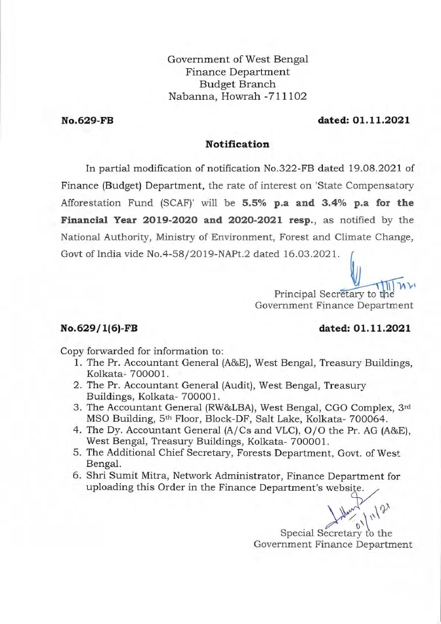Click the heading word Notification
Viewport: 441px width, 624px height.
pyautogui.click(x=238, y=144)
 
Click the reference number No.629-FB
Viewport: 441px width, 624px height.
pyautogui.click(x=87, y=120)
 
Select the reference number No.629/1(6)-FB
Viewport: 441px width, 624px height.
pyautogui.click(x=99, y=328)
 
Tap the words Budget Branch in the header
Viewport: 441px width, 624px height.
pyautogui.click(x=238, y=83)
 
